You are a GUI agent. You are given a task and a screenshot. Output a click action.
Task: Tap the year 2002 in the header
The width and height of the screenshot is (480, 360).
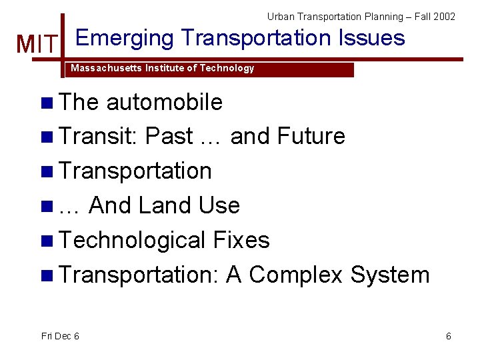coord(444,16)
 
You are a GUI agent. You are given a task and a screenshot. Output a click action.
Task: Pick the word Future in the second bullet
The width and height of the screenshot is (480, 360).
coord(311,137)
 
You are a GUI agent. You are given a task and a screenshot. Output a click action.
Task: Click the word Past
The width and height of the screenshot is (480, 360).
coord(169,137)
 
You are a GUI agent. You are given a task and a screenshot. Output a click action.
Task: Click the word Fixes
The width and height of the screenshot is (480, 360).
coord(241,240)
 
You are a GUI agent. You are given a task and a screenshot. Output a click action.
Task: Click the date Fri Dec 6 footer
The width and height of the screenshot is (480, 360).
coord(60,336)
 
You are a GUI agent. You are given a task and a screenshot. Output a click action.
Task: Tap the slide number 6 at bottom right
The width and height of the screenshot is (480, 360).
coord(449,336)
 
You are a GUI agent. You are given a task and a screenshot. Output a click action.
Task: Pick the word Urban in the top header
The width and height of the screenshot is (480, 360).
coord(281,16)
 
